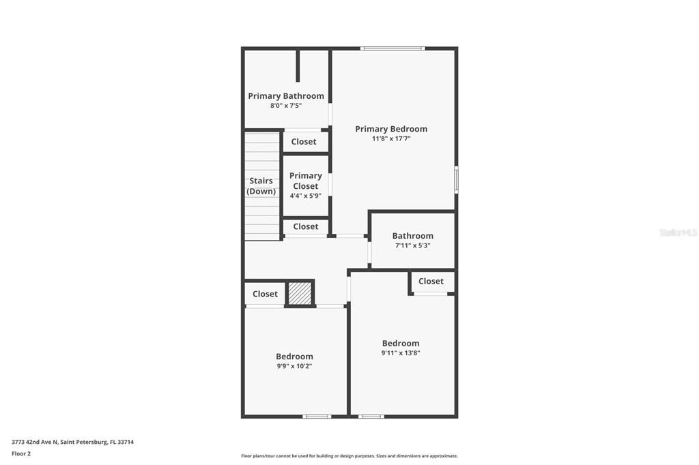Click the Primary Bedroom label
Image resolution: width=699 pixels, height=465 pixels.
pyautogui.click(x=391, y=129)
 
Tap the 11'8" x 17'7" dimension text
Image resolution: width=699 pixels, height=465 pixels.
pyautogui.click(x=391, y=138)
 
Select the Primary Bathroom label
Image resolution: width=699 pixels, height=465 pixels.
pyautogui.click(x=286, y=96)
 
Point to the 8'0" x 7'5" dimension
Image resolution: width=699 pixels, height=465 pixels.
pyautogui.click(x=286, y=106)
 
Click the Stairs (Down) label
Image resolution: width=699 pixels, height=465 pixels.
pyautogui.click(x=261, y=186)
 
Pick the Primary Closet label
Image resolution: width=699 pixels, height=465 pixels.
pyautogui.click(x=305, y=181)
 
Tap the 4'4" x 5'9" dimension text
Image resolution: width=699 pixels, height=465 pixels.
pyautogui.click(x=305, y=196)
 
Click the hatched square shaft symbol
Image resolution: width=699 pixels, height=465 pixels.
pyautogui.click(x=299, y=293)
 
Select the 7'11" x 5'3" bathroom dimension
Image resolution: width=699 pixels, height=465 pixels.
pyautogui.click(x=412, y=245)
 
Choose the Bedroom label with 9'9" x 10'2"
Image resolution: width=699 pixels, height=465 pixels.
pyautogui.click(x=294, y=356)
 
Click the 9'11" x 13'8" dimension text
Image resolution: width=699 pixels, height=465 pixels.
pyautogui.click(x=401, y=353)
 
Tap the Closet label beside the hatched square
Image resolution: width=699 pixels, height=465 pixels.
pyautogui.click(x=265, y=294)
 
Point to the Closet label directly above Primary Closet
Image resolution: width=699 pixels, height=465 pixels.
pyautogui.click(x=304, y=142)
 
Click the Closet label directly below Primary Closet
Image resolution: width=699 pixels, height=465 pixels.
pyautogui.click(x=305, y=226)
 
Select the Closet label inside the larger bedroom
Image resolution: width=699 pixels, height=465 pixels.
pyautogui.click(x=431, y=281)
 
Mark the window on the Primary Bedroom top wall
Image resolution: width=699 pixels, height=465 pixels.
pyautogui.click(x=393, y=48)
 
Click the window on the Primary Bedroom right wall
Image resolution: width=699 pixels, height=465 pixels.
pyautogui.click(x=456, y=180)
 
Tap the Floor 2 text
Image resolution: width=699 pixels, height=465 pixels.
pyautogui.click(x=21, y=453)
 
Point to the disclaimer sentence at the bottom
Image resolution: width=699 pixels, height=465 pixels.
pyautogui.click(x=349, y=456)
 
